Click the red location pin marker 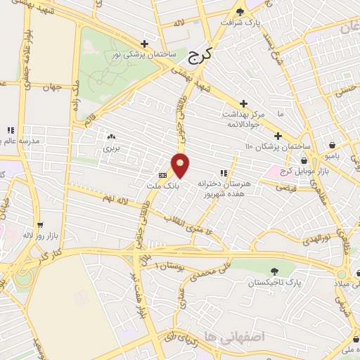click(x=181, y=165)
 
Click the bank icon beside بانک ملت click(x=163, y=175)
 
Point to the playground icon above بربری click(x=111, y=136)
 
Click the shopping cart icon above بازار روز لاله click(x=39, y=226)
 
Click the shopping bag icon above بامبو click(x=332, y=145)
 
